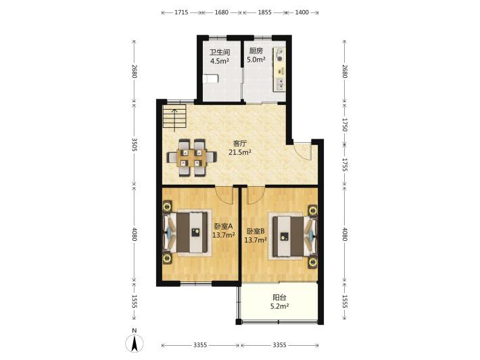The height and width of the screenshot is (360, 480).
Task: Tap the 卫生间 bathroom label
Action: [x=220, y=52]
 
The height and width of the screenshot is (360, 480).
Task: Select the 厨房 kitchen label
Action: [x=256, y=51]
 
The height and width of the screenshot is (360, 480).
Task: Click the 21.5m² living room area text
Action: [x=240, y=152]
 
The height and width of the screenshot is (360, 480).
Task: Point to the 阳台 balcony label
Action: [x=279, y=297]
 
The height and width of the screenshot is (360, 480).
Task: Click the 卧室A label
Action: [x=224, y=227]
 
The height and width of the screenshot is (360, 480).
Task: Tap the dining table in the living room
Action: [x=191, y=158]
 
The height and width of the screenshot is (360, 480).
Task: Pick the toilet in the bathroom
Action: [x=210, y=78]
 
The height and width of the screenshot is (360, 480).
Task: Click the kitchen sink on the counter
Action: [x=280, y=83]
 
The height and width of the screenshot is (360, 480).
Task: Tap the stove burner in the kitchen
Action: [x=279, y=55]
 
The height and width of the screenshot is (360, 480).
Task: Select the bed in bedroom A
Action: [x=188, y=233]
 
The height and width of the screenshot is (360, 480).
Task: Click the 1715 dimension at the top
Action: [x=181, y=13]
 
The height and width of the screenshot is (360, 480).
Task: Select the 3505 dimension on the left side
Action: [x=134, y=144]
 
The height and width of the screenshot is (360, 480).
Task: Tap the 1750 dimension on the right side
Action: [x=345, y=125]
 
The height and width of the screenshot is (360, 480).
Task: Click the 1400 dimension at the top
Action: [x=302, y=13]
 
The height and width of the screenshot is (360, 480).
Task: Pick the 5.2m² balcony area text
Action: [x=280, y=306]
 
